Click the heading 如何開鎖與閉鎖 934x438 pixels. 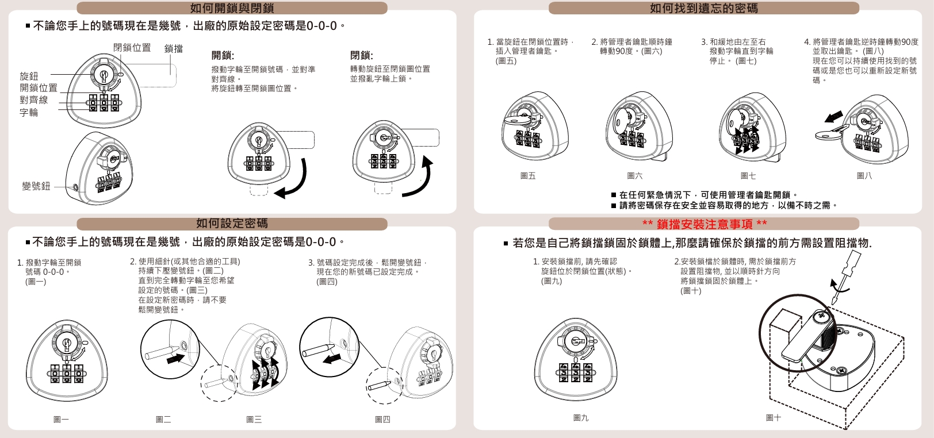pyautogui.click(x=232, y=8)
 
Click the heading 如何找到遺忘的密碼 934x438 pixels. pyautogui.click(x=704, y=8)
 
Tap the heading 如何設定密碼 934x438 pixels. pyautogui.click(x=232, y=224)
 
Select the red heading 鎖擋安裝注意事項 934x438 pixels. pyautogui.click(x=705, y=224)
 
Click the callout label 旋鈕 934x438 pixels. pyautogui.click(x=29, y=76)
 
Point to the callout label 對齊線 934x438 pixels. pyautogui.click(x=34, y=100)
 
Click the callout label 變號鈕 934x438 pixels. pyautogui.click(x=36, y=186)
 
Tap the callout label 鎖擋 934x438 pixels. pyautogui.click(x=174, y=49)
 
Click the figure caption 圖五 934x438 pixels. pyautogui.click(x=528, y=176)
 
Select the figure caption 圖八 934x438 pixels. pyautogui.click(x=864, y=176)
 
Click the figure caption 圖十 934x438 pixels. pyautogui.click(x=774, y=417)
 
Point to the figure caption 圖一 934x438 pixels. pyautogui.click(x=62, y=419)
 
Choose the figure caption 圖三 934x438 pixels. pyautogui.click(x=254, y=419)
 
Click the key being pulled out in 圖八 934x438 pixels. pyautogui.click(x=832, y=133)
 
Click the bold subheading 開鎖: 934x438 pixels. pyautogui.click(x=223, y=55)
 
